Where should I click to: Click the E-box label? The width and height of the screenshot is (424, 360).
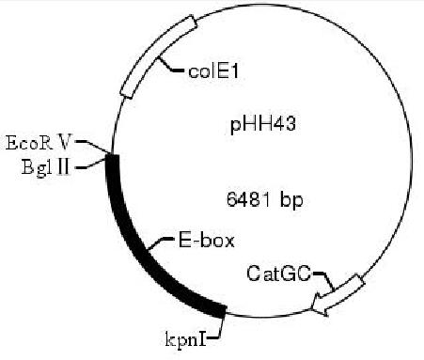point(199,240)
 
